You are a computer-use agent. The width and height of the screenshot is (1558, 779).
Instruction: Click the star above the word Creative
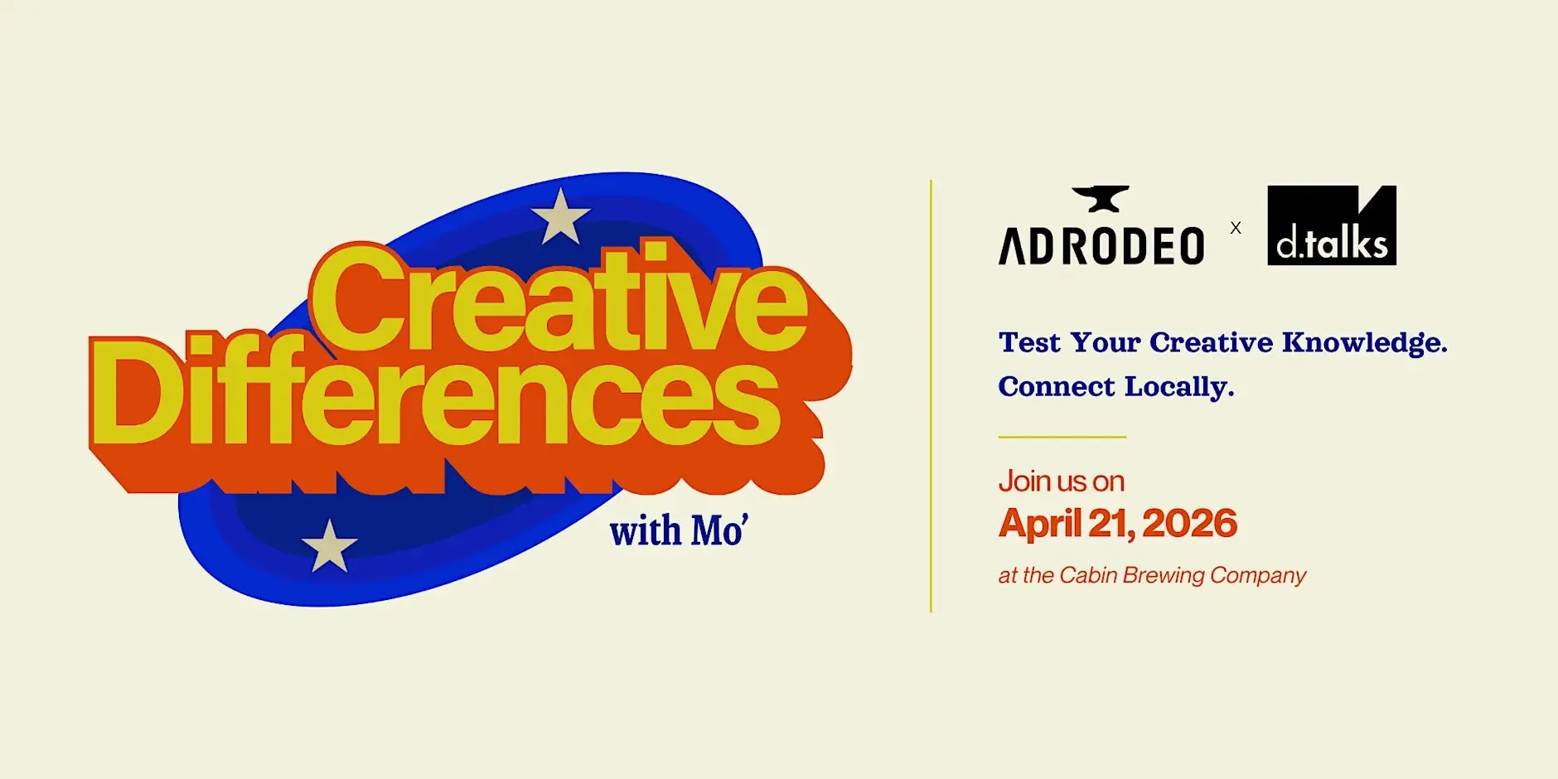(560, 216)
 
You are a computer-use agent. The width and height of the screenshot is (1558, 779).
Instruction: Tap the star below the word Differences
(329, 546)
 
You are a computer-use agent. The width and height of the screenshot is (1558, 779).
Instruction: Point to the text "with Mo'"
(679, 531)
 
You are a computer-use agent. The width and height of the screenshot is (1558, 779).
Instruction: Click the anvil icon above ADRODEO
(1101, 199)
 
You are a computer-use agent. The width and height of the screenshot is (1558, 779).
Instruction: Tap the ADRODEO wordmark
(1101, 246)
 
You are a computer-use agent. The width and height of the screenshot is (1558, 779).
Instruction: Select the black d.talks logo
(1331, 225)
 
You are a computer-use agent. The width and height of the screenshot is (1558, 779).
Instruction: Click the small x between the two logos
(1236, 228)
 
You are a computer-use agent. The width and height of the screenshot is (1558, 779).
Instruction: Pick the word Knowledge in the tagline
(1364, 343)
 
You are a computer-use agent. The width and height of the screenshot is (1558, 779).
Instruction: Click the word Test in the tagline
(1029, 342)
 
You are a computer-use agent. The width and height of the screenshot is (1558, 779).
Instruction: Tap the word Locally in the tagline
(1178, 387)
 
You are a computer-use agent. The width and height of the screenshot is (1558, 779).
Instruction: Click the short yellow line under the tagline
(1062, 437)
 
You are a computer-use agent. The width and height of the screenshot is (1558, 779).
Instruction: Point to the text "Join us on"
(1061, 481)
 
